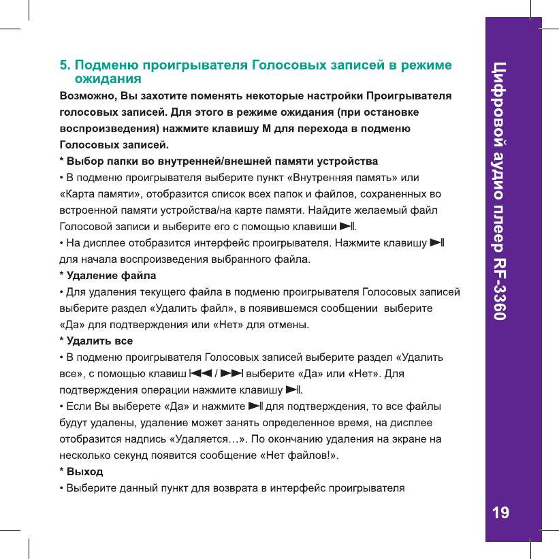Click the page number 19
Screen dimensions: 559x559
pos(500,513)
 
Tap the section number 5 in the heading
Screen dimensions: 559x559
pos(64,66)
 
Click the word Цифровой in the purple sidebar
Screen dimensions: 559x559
pos(500,99)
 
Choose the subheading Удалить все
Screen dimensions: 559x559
pos(96,340)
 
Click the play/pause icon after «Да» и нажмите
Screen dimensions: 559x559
pos(255,406)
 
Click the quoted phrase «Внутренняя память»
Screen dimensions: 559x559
pos(341,178)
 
